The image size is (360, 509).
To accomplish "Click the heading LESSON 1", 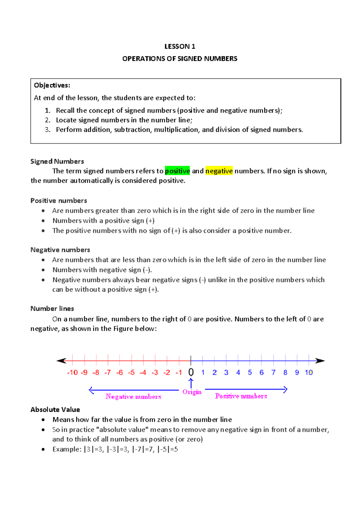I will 180,47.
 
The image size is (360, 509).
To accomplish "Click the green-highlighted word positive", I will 177,171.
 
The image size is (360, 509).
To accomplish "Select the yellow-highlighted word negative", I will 219,171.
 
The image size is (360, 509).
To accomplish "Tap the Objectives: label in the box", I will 52,85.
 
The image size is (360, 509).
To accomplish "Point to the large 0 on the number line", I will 191,372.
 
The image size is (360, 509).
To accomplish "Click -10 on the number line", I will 72,373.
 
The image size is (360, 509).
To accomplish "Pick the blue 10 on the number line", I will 309,373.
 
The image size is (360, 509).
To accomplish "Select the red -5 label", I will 131,373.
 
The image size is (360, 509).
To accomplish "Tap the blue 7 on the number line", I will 273,373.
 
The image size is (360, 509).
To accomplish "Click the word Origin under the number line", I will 192,392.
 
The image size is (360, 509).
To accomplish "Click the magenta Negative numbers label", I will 133,397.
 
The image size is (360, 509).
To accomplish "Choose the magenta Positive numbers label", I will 241,396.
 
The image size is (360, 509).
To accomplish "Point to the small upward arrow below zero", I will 191,383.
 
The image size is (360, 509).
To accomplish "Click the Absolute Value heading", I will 55,410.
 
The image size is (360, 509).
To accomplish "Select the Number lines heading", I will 52,309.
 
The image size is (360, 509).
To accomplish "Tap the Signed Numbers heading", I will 57,161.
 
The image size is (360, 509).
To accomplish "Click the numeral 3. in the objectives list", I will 47,130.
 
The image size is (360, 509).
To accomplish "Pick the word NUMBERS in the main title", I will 220,59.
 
